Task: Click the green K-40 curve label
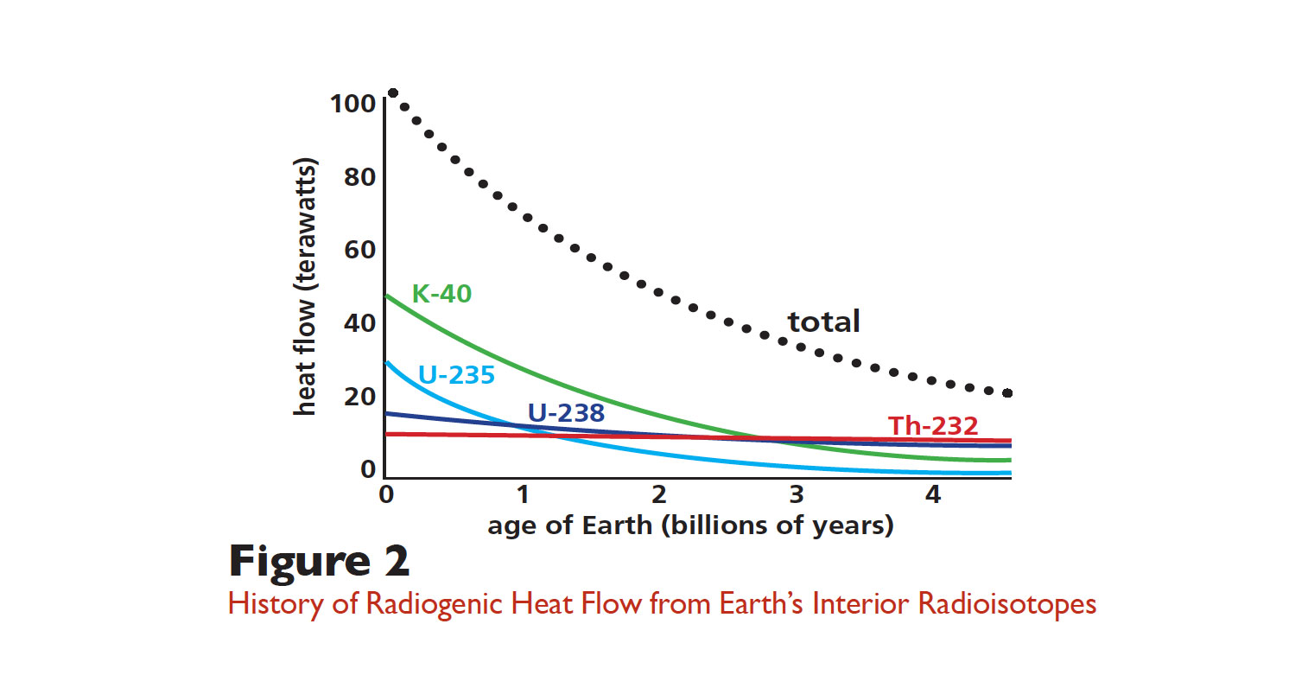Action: tap(441, 294)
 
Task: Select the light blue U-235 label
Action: tap(456, 375)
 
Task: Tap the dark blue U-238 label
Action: tap(566, 412)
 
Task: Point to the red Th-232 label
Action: tap(933, 425)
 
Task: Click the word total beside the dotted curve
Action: tap(823, 322)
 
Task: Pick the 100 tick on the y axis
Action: tap(352, 104)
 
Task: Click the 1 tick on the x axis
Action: tap(523, 494)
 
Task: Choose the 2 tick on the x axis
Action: tap(659, 494)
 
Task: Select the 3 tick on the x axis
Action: tap(797, 494)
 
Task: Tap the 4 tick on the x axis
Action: tap(933, 494)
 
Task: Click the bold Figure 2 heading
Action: tap(319, 562)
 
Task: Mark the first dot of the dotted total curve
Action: tap(392, 93)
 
